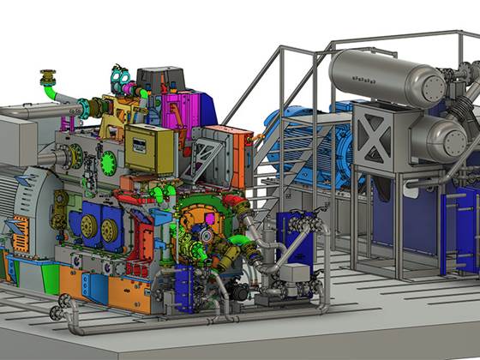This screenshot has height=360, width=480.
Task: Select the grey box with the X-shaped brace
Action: (375, 133)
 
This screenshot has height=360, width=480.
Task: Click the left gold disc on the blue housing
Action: (87, 225)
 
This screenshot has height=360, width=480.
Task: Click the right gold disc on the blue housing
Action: (110, 230)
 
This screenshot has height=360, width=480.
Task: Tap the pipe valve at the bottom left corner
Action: (63, 306)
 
